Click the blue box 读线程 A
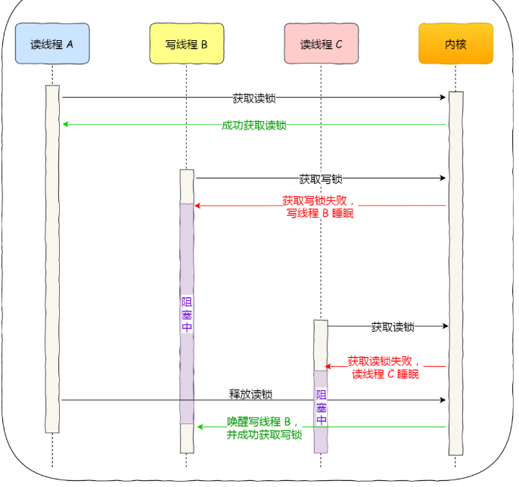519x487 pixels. coord(52,44)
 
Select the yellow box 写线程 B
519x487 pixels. coord(186,44)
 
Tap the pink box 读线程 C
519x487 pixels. coord(321,44)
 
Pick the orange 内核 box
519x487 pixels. coord(455,44)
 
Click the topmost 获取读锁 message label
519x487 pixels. coord(254,98)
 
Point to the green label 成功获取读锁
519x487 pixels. coord(254,126)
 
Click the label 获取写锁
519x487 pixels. coord(320,179)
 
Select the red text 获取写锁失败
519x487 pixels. coord(318,201)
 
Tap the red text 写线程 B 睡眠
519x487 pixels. coord(320,214)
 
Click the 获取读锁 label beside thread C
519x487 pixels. coord(393,327)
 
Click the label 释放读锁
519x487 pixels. coord(251,395)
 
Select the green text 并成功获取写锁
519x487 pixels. coord(264,435)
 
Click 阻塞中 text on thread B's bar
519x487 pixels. coord(187,315)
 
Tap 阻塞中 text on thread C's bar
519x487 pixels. coord(322,408)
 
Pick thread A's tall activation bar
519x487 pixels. coord(52,257)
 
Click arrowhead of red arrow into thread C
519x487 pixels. coord(328,367)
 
